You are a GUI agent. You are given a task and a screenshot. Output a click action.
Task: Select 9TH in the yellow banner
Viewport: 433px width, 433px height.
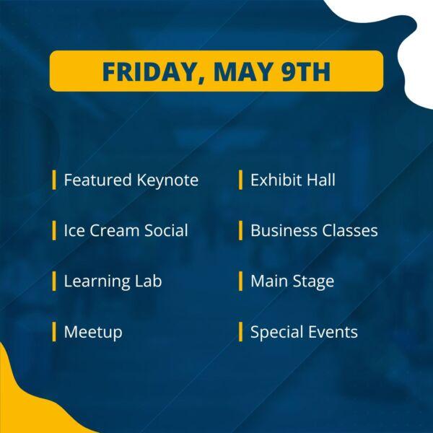point(306,71)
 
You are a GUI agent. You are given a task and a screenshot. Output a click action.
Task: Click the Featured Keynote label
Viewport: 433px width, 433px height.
point(131,180)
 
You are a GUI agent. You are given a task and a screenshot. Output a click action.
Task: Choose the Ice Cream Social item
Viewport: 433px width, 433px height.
point(126,230)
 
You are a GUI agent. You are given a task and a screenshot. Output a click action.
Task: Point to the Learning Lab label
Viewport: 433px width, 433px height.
point(113,281)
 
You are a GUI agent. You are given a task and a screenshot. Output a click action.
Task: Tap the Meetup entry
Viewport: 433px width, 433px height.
point(93,332)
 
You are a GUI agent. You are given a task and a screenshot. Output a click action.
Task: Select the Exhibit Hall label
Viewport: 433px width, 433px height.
point(293,180)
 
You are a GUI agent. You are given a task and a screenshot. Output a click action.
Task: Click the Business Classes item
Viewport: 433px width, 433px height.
point(314,230)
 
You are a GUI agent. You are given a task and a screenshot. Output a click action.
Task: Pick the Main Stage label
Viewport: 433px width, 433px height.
point(292,281)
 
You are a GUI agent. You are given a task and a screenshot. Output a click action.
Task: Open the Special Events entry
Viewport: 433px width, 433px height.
point(304,332)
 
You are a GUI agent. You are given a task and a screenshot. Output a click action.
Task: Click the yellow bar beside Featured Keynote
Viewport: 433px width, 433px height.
point(54,180)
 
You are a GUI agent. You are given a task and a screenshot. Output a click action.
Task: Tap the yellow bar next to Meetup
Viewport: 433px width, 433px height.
point(54,332)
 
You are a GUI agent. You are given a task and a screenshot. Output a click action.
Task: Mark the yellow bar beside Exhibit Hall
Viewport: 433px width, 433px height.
point(240,180)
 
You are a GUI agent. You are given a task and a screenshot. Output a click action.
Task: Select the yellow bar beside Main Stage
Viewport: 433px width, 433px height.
point(240,281)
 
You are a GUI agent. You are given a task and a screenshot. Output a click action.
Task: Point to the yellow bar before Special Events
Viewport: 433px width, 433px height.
point(240,332)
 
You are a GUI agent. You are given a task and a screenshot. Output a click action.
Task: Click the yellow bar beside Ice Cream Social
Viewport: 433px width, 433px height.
point(54,231)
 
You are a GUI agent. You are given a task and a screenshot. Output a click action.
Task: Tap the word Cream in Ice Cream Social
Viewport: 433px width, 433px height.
point(114,231)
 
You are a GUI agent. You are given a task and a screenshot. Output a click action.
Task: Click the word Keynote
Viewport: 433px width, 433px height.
point(167,180)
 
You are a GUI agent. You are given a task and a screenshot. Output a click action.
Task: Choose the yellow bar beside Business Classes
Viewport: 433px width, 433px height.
point(240,231)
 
